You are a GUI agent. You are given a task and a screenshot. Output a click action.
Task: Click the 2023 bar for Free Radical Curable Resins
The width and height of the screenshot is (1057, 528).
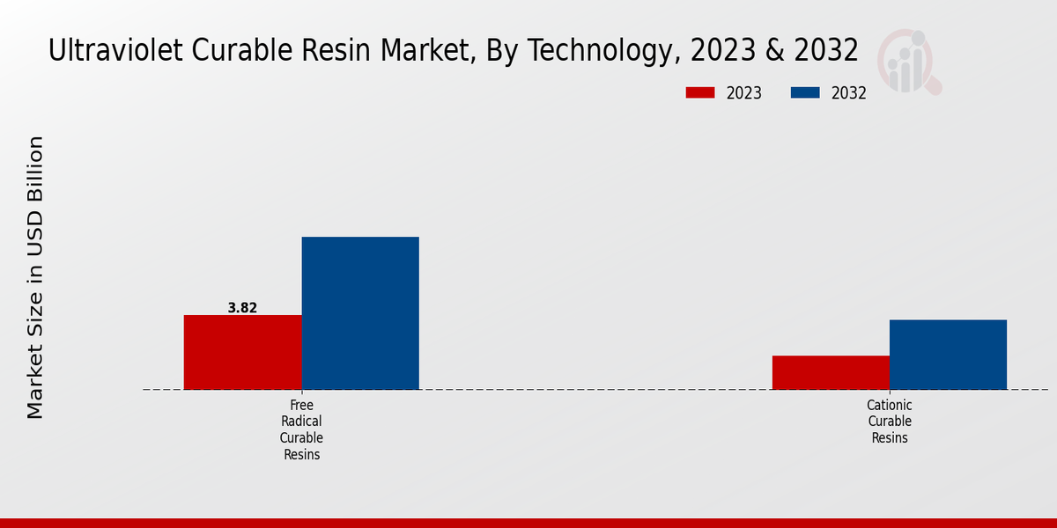pos(242,352)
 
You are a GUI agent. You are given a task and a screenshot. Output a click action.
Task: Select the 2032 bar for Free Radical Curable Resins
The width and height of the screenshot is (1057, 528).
pos(360,312)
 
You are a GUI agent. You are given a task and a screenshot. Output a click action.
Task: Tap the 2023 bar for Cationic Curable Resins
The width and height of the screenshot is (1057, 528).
pos(831,372)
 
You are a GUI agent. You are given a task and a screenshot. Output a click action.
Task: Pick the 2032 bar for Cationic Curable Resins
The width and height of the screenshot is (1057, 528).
pos(948,354)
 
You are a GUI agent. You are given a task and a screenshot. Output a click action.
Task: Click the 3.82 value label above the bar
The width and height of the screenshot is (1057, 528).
pos(242,308)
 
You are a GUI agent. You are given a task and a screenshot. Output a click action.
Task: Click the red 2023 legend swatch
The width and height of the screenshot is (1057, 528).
pos(701,93)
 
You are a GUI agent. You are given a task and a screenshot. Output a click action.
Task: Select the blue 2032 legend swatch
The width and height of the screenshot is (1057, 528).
pos(806,93)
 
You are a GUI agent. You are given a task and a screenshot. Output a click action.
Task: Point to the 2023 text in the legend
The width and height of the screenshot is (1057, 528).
pos(744,93)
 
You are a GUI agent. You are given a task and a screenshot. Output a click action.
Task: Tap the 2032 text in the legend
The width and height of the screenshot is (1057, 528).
pos(849,93)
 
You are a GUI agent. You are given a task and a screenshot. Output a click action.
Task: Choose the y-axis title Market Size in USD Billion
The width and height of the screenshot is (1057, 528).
pos(35,277)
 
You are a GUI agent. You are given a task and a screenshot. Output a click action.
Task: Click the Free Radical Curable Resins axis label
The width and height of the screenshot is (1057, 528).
pos(301,429)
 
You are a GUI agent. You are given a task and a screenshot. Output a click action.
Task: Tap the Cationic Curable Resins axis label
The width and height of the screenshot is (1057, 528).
pos(889,422)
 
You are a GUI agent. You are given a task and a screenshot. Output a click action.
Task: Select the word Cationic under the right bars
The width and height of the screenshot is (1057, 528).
pos(889,405)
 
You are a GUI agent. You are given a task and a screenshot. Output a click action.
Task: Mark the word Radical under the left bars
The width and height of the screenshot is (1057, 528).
pos(301,422)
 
